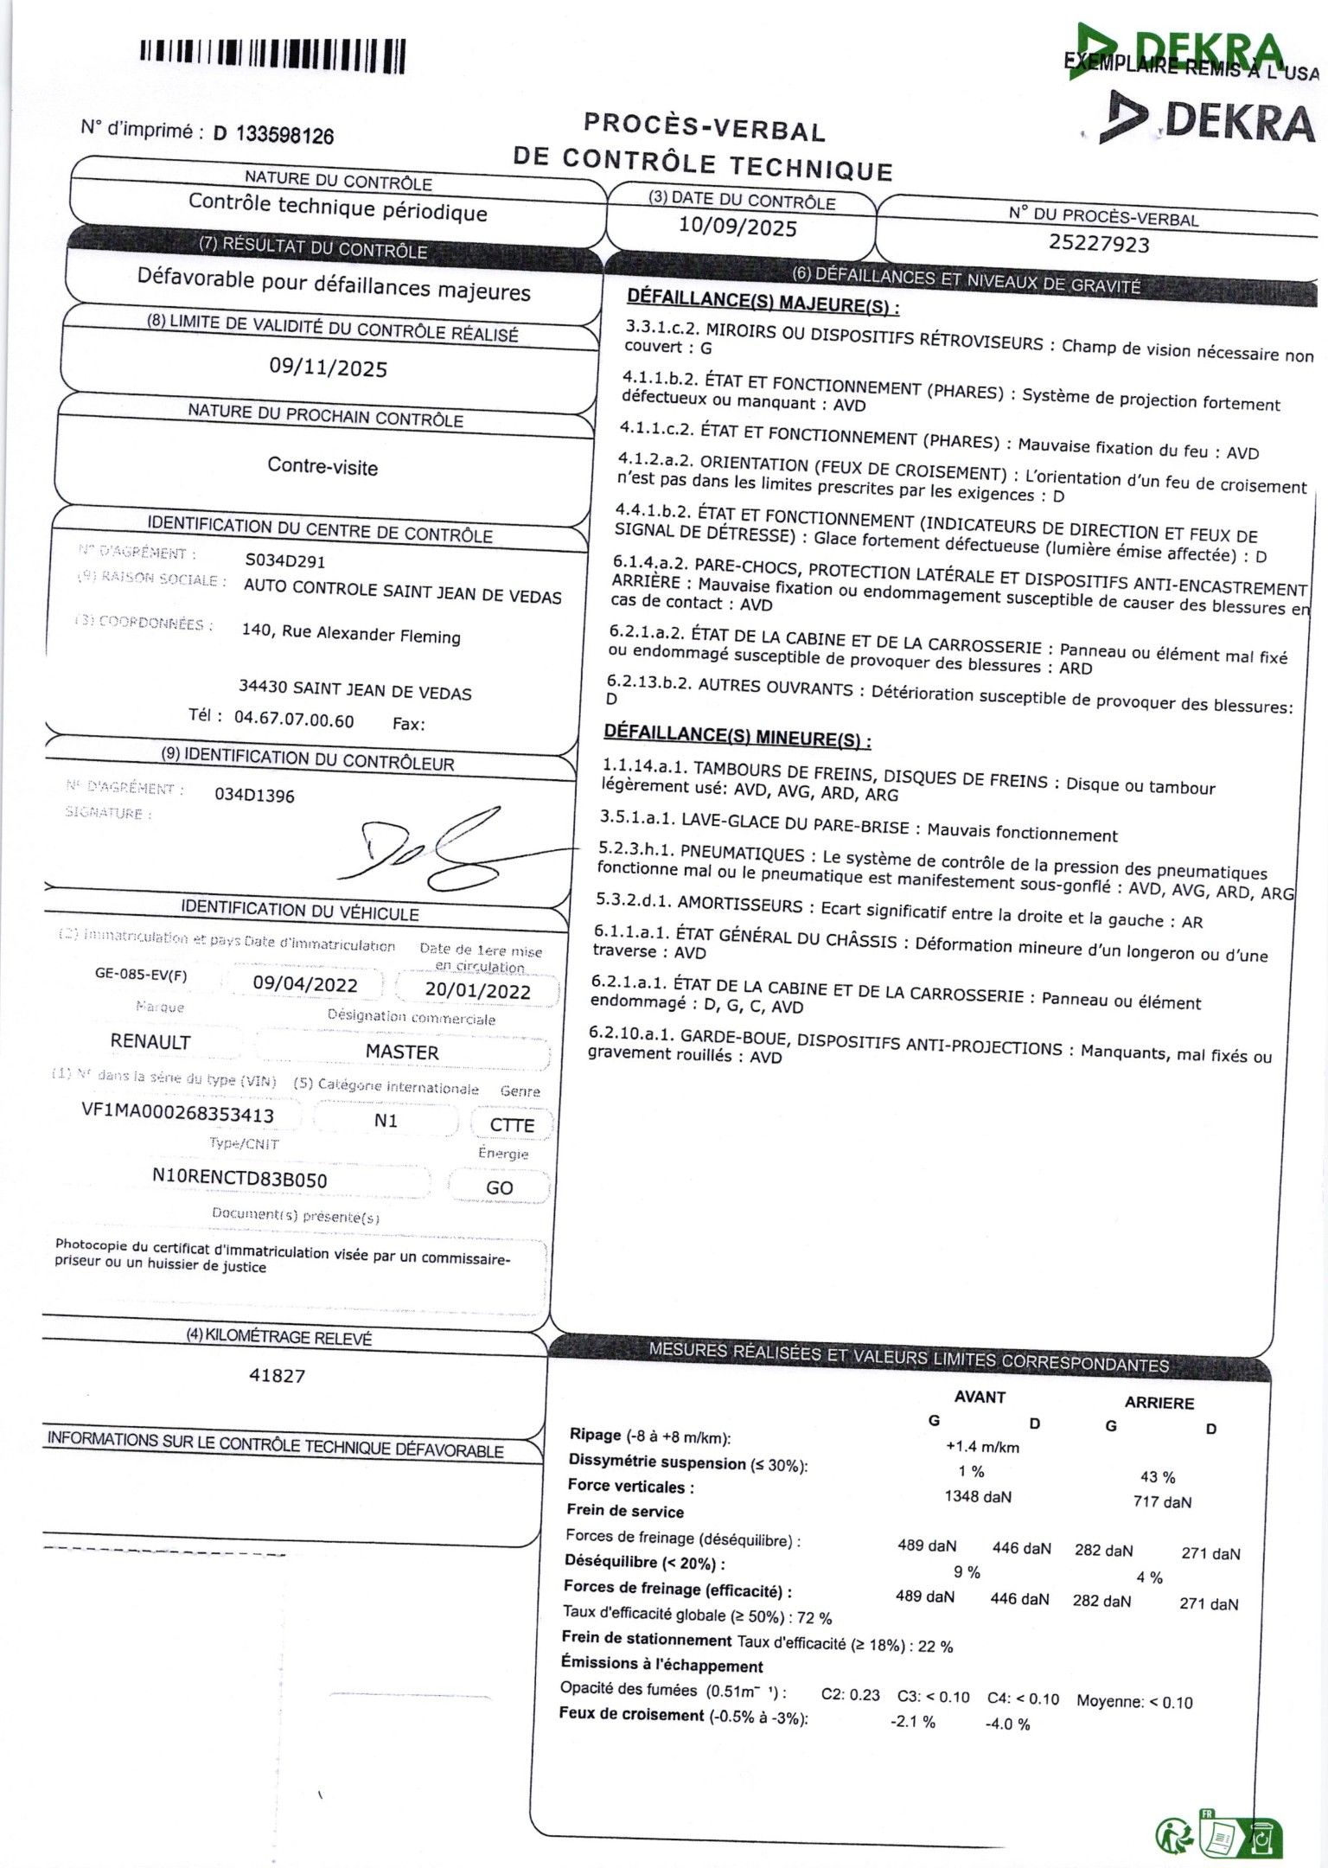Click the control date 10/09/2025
tap(737, 227)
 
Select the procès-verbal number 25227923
tap(1099, 243)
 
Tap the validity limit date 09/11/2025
tap(329, 368)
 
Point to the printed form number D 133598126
tap(273, 135)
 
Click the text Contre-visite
tap(322, 467)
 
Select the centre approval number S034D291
tap(285, 561)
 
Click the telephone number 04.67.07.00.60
tap(294, 720)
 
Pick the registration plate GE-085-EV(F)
tap(141, 976)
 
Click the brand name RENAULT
tap(150, 1041)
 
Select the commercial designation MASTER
tap(402, 1052)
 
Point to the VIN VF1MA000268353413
tap(177, 1113)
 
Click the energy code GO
tap(499, 1187)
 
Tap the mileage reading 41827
tap(277, 1375)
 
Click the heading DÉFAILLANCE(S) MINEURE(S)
tap(737, 737)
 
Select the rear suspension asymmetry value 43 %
tap(1158, 1477)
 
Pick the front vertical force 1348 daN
tap(978, 1496)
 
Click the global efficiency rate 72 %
tap(814, 1617)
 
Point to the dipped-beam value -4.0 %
tap(1007, 1724)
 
